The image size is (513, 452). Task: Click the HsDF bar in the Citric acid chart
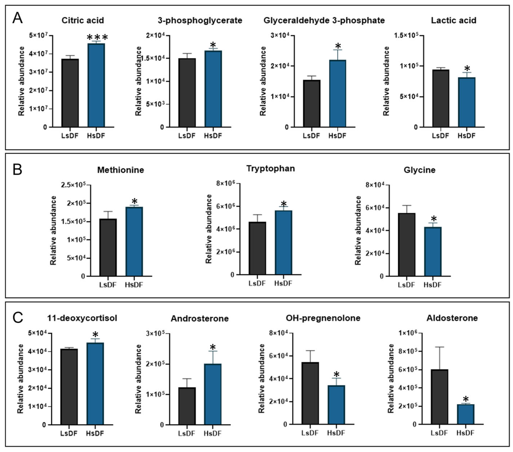point(96,85)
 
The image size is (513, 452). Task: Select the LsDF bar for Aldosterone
point(440,397)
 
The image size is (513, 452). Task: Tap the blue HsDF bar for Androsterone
point(213,394)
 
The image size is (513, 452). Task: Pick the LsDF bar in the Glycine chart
point(407,244)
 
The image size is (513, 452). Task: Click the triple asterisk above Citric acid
point(97,37)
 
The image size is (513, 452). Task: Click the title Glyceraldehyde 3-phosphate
point(324,20)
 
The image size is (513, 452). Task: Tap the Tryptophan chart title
point(271,169)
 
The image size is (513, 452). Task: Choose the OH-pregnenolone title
point(323,318)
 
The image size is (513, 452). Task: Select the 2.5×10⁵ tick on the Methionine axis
point(74,185)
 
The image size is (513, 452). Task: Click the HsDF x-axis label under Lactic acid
point(466,136)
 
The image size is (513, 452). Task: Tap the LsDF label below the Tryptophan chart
point(257,283)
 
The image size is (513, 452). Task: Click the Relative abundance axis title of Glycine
point(358,230)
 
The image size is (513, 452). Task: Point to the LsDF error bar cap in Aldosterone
point(440,347)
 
